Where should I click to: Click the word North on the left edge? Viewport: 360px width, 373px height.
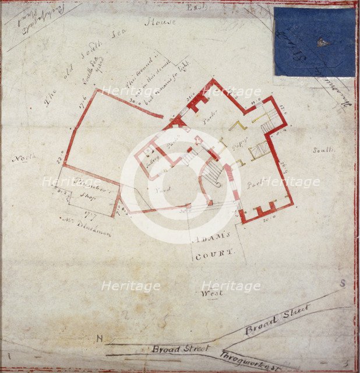tap(24, 157)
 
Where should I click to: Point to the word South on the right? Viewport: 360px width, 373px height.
tap(323, 150)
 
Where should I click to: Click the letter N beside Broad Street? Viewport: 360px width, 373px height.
tap(100, 339)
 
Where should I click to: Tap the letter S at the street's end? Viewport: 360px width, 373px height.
tap(343, 284)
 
